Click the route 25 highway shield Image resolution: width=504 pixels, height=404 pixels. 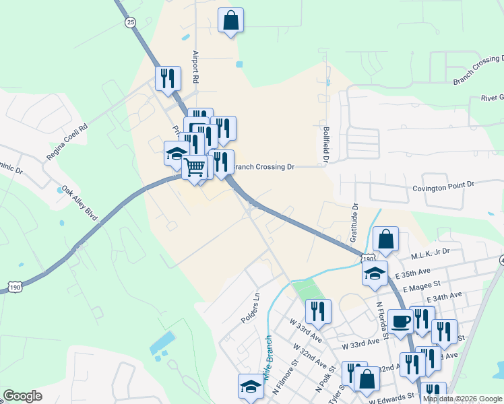click(130, 22)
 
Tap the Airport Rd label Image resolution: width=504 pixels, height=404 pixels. click(196, 67)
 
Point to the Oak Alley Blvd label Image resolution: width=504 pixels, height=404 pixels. click(80, 204)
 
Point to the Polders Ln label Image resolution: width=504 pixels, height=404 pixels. click(251, 308)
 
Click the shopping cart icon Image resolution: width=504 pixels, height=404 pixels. click(195, 166)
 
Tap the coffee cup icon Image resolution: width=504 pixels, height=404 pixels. click(400, 321)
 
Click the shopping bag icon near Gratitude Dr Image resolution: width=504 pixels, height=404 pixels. click(385, 239)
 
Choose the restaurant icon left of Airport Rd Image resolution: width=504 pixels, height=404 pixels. click(168, 78)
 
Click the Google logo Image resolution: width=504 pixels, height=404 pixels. click(22, 396)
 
